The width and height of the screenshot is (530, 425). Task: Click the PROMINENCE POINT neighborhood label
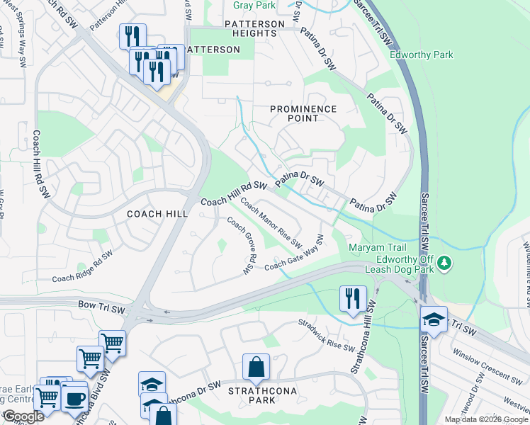(303, 113)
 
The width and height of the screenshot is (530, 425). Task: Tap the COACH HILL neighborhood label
(157, 213)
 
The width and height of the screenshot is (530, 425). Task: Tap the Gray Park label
(254, 5)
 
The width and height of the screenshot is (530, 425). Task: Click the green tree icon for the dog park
(444, 263)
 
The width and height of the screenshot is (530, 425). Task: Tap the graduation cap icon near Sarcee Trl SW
(434, 319)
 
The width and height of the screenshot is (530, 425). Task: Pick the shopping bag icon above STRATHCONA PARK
(256, 367)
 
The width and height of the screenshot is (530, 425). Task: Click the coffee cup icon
(74, 397)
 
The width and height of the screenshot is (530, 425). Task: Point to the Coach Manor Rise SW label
(271, 222)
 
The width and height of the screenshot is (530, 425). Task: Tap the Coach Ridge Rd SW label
(82, 268)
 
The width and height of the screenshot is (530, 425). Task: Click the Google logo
(23, 416)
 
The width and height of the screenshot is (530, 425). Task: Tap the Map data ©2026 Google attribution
(485, 419)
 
